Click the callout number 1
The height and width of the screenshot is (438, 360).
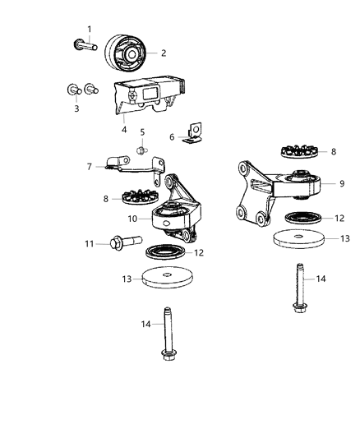[90, 30]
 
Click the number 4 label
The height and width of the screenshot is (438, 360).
[123, 128]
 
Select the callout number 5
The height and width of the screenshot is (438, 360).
[142, 132]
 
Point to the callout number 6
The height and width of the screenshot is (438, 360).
[171, 136]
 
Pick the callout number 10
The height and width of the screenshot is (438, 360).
[132, 219]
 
